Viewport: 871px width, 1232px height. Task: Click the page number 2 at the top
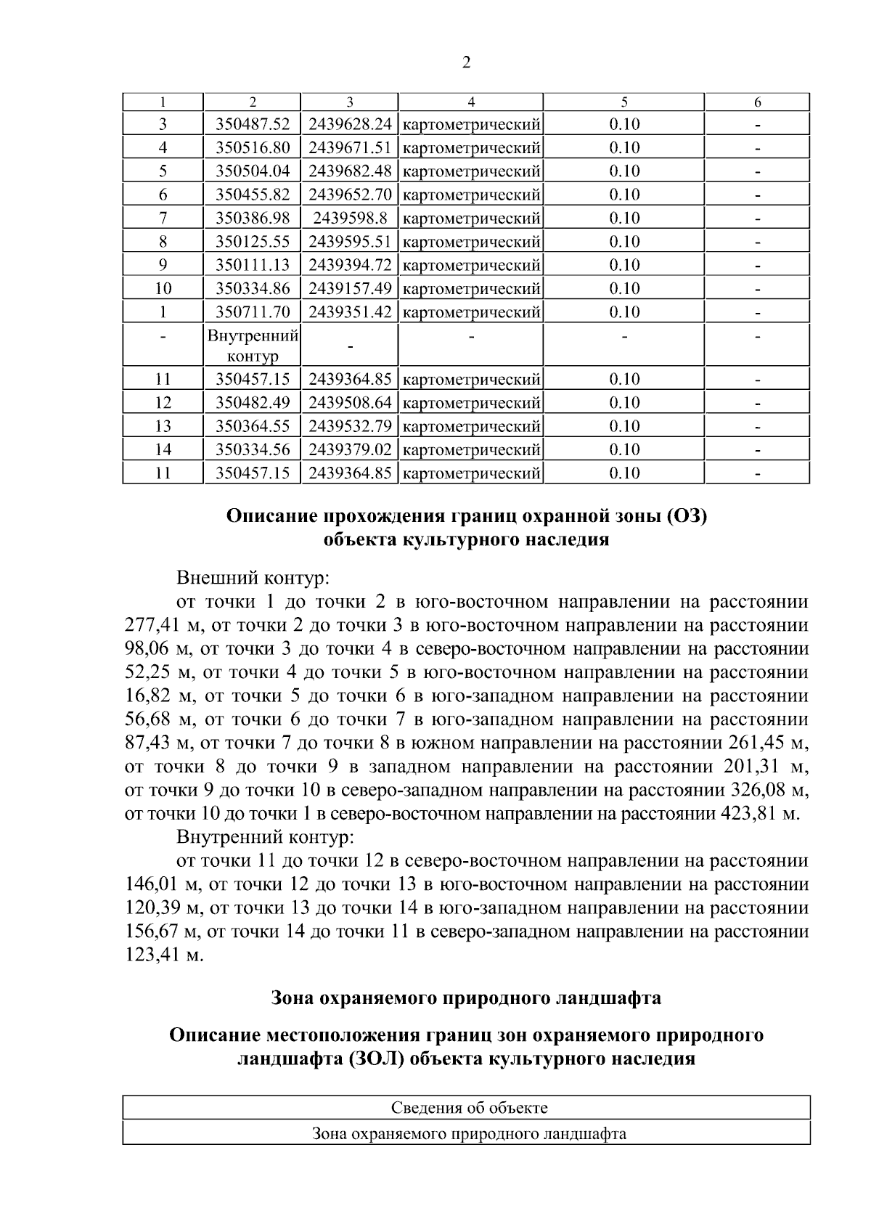[x=466, y=63]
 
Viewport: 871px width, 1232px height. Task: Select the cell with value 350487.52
[x=253, y=124]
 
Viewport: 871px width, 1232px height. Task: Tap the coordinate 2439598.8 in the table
[x=350, y=218]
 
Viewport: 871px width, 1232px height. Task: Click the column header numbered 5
[x=624, y=102]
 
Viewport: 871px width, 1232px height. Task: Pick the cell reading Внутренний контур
[x=253, y=346]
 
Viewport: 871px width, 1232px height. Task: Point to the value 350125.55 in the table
[x=253, y=241]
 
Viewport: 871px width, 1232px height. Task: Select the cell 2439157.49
[x=350, y=288]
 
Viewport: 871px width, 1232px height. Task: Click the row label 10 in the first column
[x=163, y=288]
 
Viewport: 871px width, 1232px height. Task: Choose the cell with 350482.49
[x=253, y=402]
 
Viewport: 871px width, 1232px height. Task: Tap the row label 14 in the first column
[x=163, y=449]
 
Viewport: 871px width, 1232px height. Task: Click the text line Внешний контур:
[x=253, y=579]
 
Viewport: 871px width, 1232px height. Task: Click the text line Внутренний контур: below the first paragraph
[x=265, y=837]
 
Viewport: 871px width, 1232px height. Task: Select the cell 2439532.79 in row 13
[x=350, y=426]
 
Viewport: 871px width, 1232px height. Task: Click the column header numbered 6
[x=757, y=102]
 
